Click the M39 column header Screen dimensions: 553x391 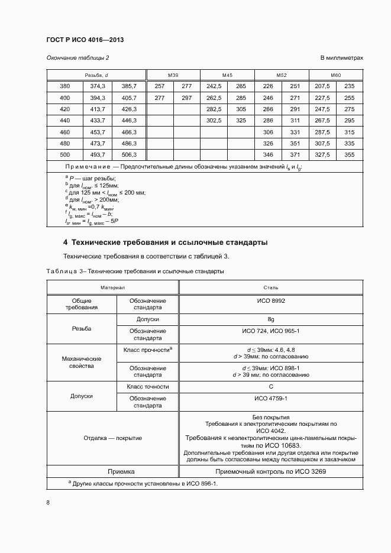click(x=173, y=75)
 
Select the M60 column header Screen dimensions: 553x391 click(x=336, y=75)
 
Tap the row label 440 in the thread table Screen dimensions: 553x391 click(x=65, y=120)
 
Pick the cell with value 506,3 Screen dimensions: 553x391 click(x=129, y=154)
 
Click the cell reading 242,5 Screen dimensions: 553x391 click(x=214, y=86)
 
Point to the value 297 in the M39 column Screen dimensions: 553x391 click(x=187, y=98)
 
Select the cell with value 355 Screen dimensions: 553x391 click(x=349, y=154)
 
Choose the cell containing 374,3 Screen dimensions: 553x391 click(x=98, y=86)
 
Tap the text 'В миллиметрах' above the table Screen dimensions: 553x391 click(x=341, y=58)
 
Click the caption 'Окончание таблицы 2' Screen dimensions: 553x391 click(x=77, y=58)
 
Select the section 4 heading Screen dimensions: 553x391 click(x=165, y=242)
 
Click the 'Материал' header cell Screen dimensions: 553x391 click(x=112, y=287)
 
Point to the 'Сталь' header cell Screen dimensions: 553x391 click(x=271, y=287)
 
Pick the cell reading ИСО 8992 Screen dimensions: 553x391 click(x=271, y=301)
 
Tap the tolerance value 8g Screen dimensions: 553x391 click(x=271, y=319)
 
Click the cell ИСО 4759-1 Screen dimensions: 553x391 click(x=271, y=399)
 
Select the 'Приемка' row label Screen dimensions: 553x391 click(x=112, y=471)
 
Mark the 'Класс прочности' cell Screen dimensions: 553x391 click(x=147, y=350)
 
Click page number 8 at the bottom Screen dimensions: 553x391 click(x=48, y=503)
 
